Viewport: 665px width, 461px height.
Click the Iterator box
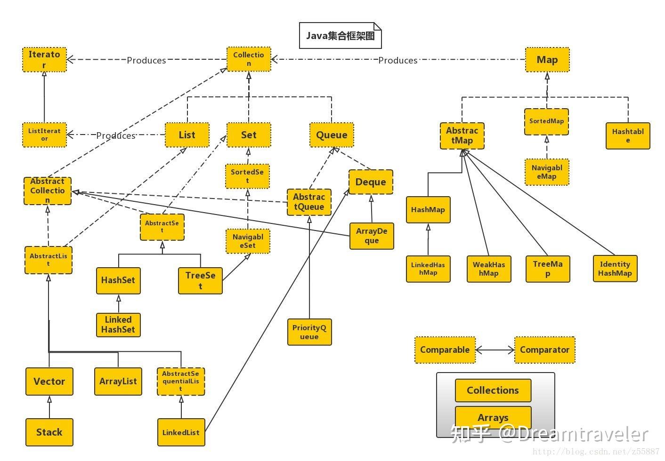coord(44,59)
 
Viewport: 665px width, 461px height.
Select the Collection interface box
coord(249,59)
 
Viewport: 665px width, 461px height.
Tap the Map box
coord(547,60)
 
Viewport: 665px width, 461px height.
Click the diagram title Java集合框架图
coord(340,36)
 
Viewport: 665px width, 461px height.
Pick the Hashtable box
coord(627,135)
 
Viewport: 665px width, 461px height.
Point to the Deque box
coord(371,182)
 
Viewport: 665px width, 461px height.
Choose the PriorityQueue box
coord(309,332)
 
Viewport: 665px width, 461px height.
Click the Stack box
coord(49,432)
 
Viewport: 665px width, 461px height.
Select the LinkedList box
coord(181,432)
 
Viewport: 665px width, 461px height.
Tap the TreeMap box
coord(548,269)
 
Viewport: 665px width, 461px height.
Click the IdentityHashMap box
coord(615,269)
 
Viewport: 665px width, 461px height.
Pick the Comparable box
coord(445,350)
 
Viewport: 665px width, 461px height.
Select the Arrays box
coord(493,418)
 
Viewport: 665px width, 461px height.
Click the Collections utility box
coord(493,390)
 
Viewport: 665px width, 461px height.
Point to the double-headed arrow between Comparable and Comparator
coord(495,350)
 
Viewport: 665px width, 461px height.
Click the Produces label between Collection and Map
coord(398,60)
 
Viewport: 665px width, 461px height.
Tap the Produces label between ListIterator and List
coord(116,135)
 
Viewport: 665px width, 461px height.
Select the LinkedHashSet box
coord(118,325)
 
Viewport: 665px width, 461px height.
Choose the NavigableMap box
coord(547,172)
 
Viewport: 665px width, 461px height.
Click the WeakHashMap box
coord(489,269)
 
